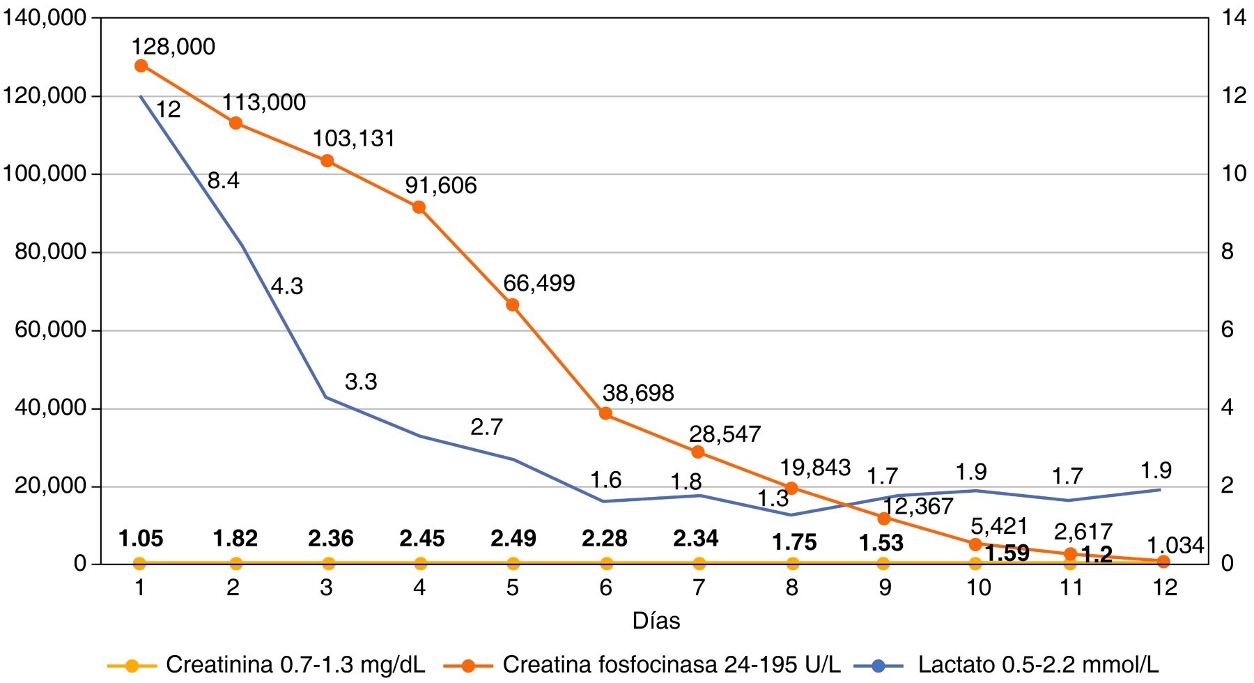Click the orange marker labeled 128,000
141,66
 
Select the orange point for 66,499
512,305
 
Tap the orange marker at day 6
605,414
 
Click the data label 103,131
354,139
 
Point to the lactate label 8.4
223,181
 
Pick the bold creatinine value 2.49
513,539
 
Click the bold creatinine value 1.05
141,539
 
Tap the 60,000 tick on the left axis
50,330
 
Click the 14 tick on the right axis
1234,18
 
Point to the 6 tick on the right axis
1228,330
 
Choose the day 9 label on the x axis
885,588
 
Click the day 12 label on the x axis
1165,588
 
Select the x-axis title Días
656,621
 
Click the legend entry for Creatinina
265,665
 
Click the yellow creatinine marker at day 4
419,563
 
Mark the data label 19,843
815,468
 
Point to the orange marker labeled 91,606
419,208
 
